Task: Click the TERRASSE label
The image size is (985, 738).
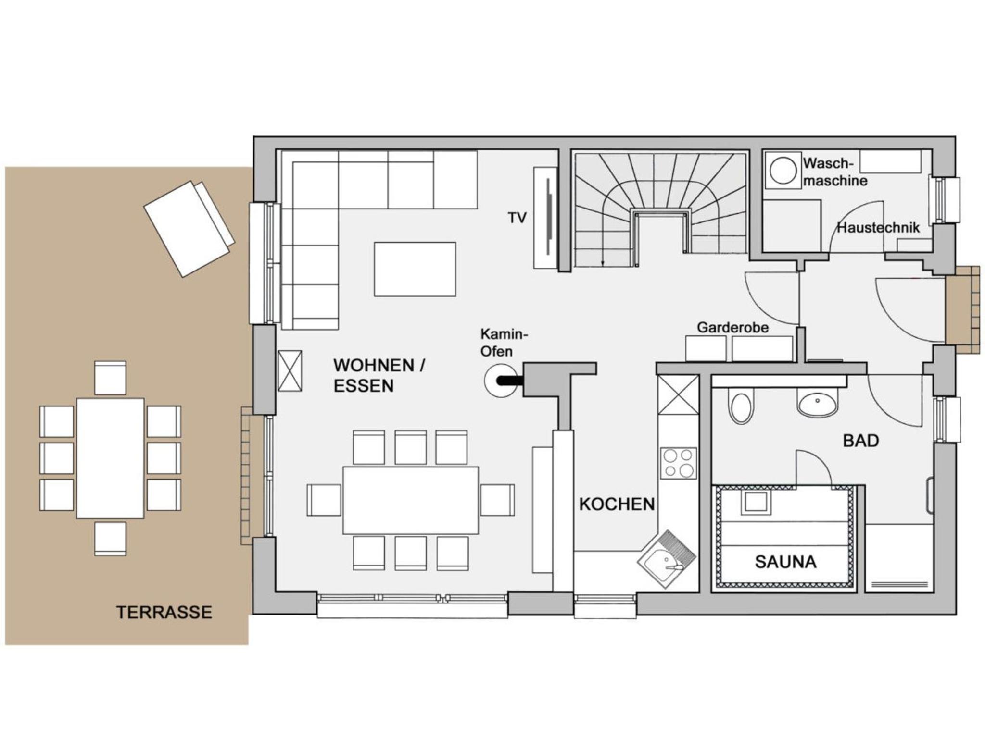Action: click(x=164, y=612)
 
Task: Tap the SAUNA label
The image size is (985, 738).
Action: click(x=785, y=562)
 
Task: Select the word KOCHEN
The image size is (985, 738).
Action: click(x=617, y=504)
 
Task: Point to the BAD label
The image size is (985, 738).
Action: click(x=861, y=441)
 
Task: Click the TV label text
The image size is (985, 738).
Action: click(x=518, y=218)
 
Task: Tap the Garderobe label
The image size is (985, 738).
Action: click(x=732, y=328)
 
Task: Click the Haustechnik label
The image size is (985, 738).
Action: click(x=879, y=228)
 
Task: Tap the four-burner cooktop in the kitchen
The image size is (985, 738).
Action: click(x=678, y=463)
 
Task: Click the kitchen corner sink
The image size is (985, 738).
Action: click(x=667, y=560)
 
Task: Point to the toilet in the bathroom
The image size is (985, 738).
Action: click(x=741, y=407)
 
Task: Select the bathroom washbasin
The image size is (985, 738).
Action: click(x=817, y=403)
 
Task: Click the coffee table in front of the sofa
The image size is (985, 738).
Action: click(x=415, y=269)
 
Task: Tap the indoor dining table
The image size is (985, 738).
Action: click(x=411, y=500)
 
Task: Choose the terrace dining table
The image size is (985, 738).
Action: click(x=110, y=458)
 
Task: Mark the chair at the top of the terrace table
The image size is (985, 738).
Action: click(x=110, y=378)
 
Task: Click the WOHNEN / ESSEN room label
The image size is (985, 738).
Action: click(x=379, y=375)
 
